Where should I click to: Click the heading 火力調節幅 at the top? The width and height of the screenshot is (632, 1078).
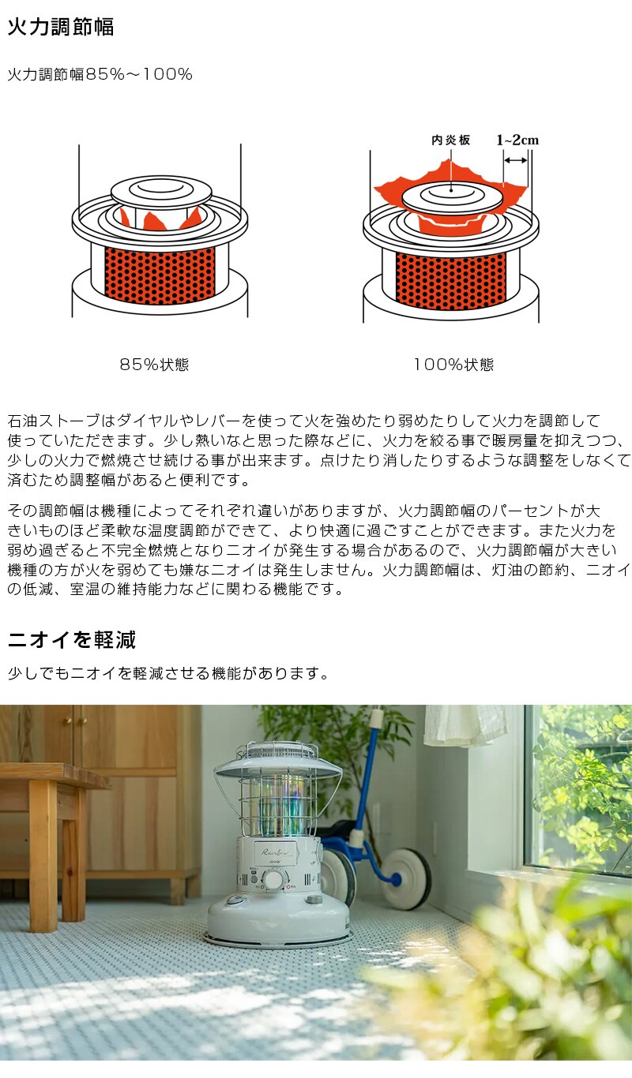click(x=61, y=28)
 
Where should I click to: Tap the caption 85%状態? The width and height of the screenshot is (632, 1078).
click(x=154, y=365)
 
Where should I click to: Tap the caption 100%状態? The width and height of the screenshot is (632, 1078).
click(x=453, y=365)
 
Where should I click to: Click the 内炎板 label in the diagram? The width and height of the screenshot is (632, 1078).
click(x=450, y=140)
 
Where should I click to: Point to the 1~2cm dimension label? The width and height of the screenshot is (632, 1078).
click(x=517, y=140)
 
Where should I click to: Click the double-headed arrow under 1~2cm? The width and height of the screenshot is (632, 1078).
click(x=516, y=160)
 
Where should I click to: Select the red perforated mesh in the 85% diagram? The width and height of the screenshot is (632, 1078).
click(x=160, y=276)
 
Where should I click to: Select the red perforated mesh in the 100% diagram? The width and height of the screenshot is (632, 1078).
click(x=450, y=280)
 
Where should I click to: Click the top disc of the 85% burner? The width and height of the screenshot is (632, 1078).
click(x=162, y=189)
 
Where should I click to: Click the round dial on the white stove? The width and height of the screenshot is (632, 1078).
click(x=274, y=881)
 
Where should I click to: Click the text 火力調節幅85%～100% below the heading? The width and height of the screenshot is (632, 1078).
click(x=100, y=75)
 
